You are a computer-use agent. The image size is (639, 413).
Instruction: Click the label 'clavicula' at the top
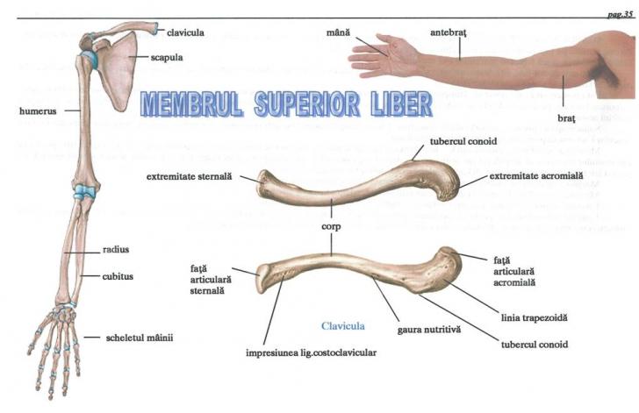pyautogui.click(x=185, y=32)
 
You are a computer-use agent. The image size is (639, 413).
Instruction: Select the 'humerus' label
pyautogui.click(x=38, y=111)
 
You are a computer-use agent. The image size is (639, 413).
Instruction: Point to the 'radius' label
pyautogui.click(x=115, y=249)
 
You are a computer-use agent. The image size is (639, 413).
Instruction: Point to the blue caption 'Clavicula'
pyautogui.click(x=343, y=325)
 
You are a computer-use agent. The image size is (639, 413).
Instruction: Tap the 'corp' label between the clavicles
pyautogui.click(x=332, y=224)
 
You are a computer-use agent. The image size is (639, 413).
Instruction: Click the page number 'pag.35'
pyautogui.click(x=620, y=14)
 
